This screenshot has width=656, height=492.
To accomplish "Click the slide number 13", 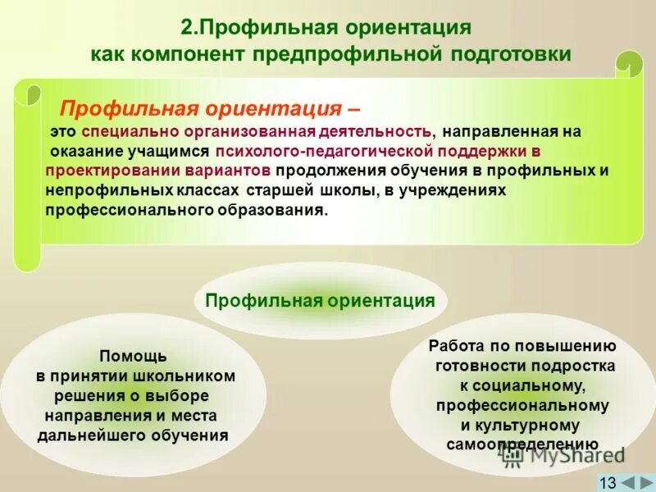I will click(608, 482).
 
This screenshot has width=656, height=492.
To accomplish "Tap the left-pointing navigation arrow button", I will click(626, 482).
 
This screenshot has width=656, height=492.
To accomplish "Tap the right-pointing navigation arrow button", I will click(645, 482).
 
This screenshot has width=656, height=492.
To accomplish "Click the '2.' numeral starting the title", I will click(189, 27).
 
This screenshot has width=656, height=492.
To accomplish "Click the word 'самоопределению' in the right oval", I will click(522, 444).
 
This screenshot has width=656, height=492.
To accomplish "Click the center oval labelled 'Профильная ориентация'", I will click(320, 301).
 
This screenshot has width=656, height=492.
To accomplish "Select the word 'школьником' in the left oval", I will click(192, 376).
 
